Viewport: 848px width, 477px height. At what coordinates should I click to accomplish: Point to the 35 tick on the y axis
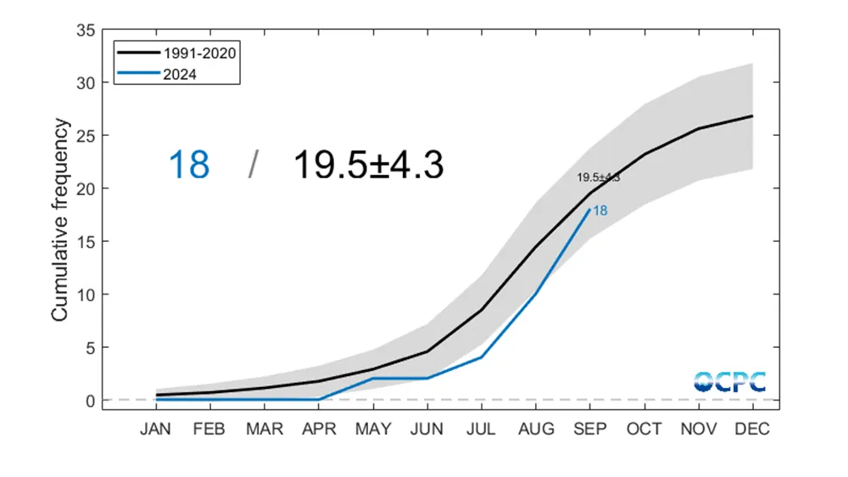pos(85,30)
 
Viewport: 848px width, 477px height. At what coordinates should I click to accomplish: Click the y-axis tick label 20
pos(85,188)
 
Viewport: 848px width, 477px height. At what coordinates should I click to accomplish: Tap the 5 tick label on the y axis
pos(88,347)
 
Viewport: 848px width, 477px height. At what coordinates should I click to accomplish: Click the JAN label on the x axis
pos(156,429)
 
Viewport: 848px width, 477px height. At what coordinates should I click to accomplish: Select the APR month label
pos(319,429)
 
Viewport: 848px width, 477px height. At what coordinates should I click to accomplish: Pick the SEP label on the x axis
pos(590,429)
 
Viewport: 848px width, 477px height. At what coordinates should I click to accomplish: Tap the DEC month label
pos(753,429)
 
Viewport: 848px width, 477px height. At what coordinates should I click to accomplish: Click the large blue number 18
pos(189,165)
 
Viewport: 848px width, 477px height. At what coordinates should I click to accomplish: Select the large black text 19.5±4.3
pos(368,165)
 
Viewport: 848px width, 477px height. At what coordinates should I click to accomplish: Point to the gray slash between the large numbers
pos(253,165)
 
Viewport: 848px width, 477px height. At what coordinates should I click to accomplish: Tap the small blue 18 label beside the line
pos(600,210)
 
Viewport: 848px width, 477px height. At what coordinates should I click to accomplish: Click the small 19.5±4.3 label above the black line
pos(599,177)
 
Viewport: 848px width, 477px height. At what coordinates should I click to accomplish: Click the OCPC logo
pos(729,381)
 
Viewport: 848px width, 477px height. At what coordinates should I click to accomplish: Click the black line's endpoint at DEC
pos(753,115)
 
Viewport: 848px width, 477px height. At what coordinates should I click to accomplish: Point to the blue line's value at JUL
pos(482,357)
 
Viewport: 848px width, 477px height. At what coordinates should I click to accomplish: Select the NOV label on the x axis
pos(699,429)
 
